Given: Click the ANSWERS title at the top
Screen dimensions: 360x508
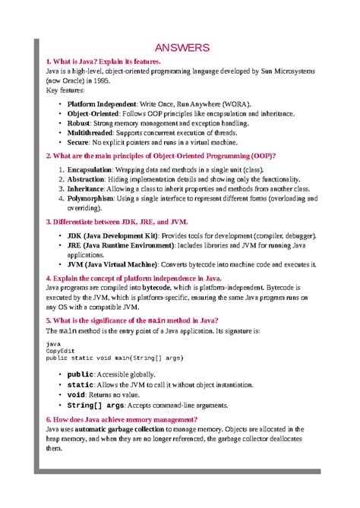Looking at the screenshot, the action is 182,48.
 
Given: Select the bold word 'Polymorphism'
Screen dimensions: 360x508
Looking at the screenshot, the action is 90,197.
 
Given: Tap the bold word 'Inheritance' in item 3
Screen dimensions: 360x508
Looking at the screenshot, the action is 86,188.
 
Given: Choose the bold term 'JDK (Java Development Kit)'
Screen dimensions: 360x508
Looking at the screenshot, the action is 112,237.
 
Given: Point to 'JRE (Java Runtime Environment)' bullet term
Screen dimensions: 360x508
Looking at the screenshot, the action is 120,247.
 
